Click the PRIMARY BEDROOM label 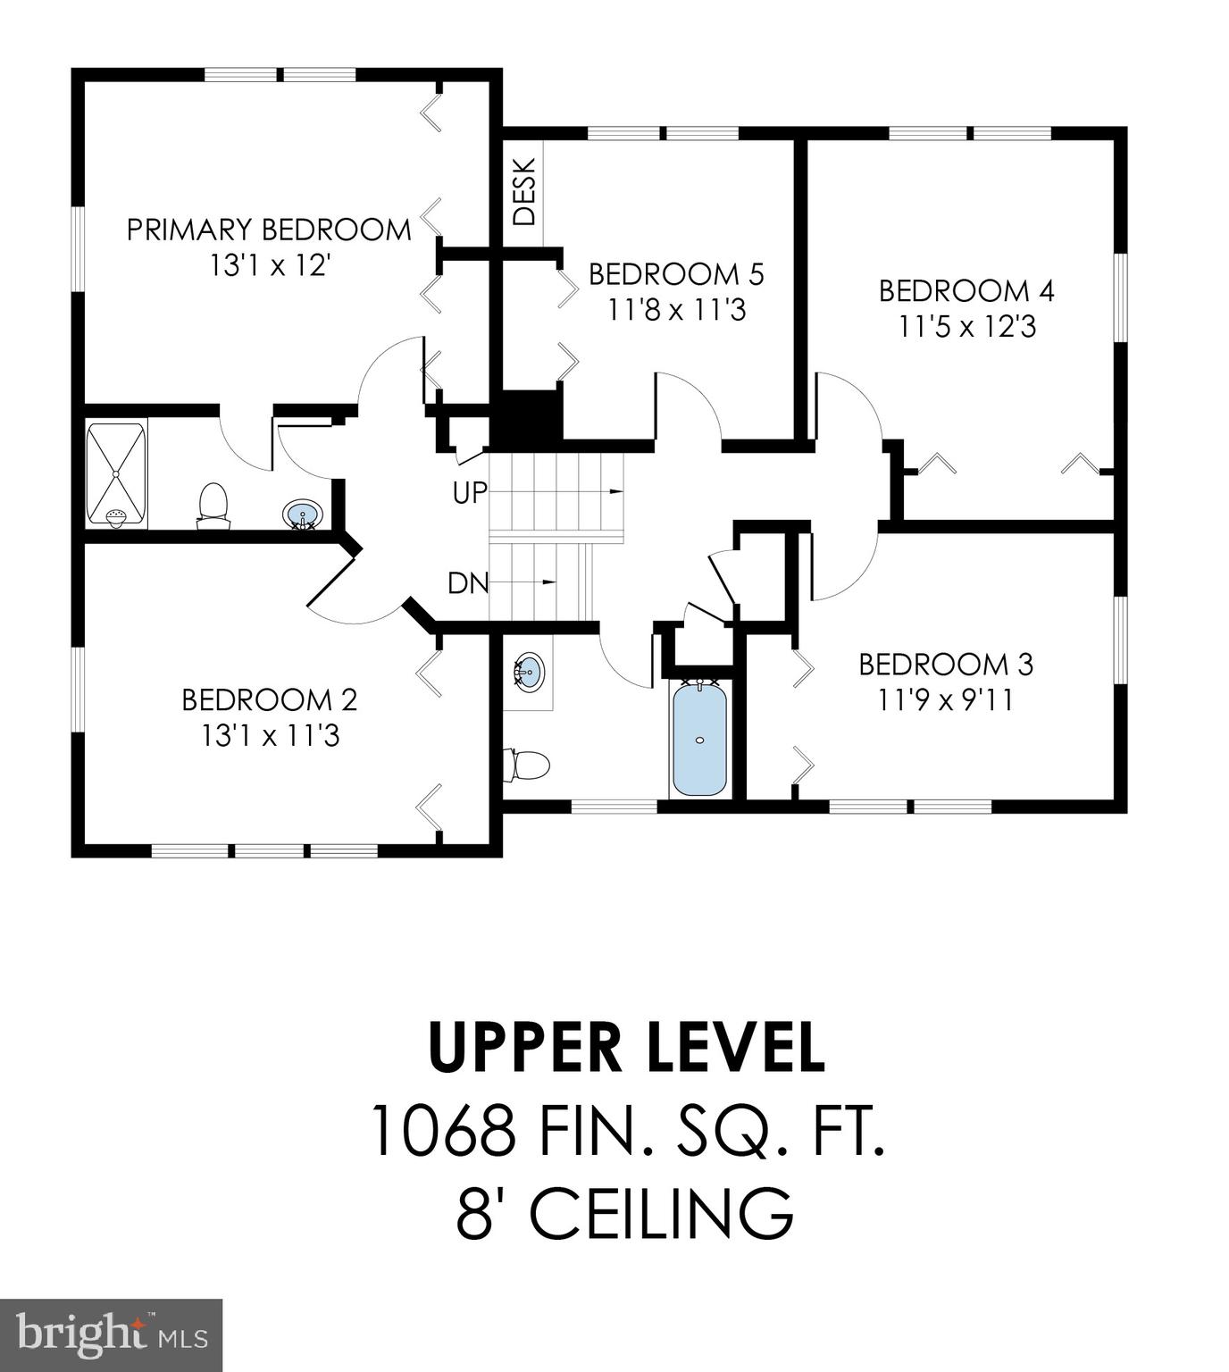pyautogui.click(x=269, y=230)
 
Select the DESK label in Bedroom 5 pyautogui.click(x=525, y=191)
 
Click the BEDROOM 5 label pyautogui.click(x=676, y=273)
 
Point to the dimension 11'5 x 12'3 pyautogui.click(x=966, y=327)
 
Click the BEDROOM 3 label pyautogui.click(x=946, y=664)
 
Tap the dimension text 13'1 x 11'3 pyautogui.click(x=270, y=736)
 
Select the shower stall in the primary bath pyautogui.click(x=116, y=474)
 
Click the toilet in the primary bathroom pyautogui.click(x=213, y=505)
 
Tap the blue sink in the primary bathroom pyautogui.click(x=302, y=515)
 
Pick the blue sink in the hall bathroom pyautogui.click(x=529, y=670)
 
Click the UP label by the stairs pyautogui.click(x=470, y=492)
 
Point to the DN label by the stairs pyautogui.click(x=468, y=583)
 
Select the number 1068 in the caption pyautogui.click(x=443, y=1131)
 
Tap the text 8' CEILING pyautogui.click(x=625, y=1213)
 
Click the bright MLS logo pyautogui.click(x=111, y=1334)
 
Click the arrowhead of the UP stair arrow pyautogui.click(x=616, y=491)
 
